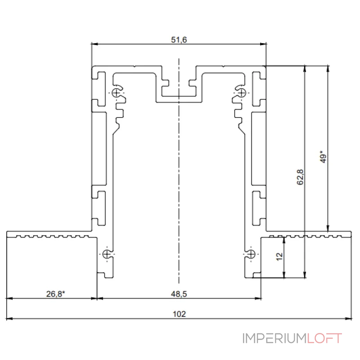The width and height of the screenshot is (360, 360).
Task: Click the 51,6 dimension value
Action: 179,40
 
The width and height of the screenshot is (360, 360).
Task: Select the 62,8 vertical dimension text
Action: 300,177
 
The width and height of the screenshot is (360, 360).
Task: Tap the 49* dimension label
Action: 323,157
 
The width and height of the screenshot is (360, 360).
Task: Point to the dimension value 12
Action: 279,256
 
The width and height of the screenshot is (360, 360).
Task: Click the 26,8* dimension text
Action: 55,294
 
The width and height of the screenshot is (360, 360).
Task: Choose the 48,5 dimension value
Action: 179,294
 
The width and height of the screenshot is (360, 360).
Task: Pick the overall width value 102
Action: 179,314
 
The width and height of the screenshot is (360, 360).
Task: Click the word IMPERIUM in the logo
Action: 274,338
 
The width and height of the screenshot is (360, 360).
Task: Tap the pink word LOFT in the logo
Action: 324,338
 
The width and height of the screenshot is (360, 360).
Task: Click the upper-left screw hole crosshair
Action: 116,93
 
